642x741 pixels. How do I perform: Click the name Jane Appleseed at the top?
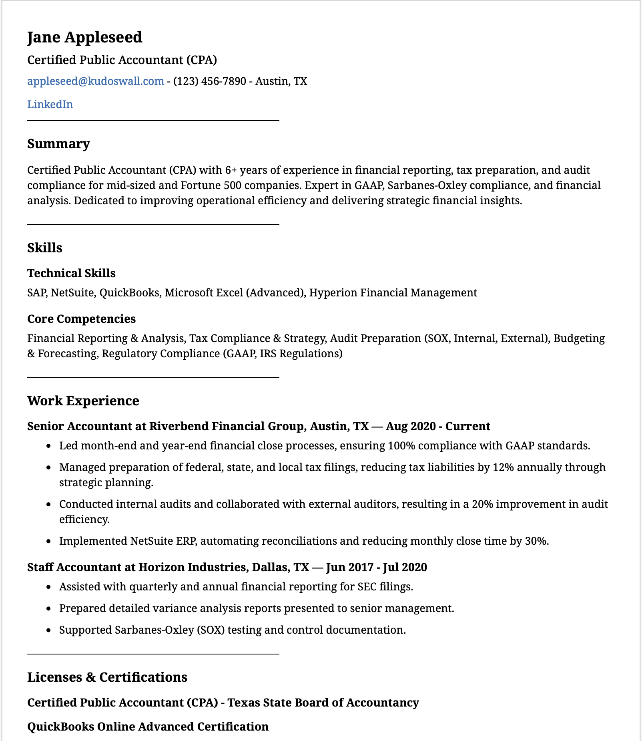click(x=84, y=37)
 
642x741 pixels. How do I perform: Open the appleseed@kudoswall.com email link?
click(x=95, y=81)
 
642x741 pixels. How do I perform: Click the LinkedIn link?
click(x=50, y=105)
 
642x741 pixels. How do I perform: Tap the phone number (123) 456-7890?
click(x=209, y=81)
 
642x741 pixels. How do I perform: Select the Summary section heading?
click(x=58, y=144)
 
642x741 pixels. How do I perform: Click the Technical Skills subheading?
click(x=71, y=273)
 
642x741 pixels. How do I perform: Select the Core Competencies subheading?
click(x=81, y=319)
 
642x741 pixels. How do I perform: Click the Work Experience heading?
click(x=83, y=401)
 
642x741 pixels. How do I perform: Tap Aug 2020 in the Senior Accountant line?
click(x=411, y=426)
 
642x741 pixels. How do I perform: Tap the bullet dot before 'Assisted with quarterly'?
click(x=49, y=587)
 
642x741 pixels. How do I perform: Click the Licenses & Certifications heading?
click(x=107, y=677)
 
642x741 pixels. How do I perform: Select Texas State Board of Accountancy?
click(x=323, y=703)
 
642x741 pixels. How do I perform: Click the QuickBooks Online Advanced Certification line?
click(x=148, y=727)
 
